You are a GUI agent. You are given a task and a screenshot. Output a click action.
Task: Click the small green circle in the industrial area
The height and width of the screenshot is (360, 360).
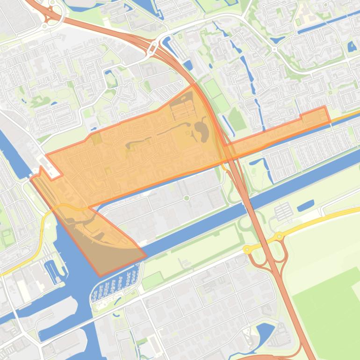pyautogui.click(x=187, y=198)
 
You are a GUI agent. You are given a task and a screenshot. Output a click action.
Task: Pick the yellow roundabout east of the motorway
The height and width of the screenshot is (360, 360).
pyautogui.click(x=280, y=236)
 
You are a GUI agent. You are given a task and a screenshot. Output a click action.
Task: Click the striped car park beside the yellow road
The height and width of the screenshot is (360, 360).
pyautogui.click(x=283, y=211)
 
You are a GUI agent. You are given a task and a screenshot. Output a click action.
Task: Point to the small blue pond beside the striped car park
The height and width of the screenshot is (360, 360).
pyautogui.click(x=305, y=205)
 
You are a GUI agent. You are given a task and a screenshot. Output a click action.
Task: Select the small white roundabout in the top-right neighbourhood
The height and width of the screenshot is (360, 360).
pyautogui.click(x=274, y=49)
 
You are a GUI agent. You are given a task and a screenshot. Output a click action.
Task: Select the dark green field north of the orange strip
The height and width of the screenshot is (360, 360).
pyautogui.click(x=237, y=120)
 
